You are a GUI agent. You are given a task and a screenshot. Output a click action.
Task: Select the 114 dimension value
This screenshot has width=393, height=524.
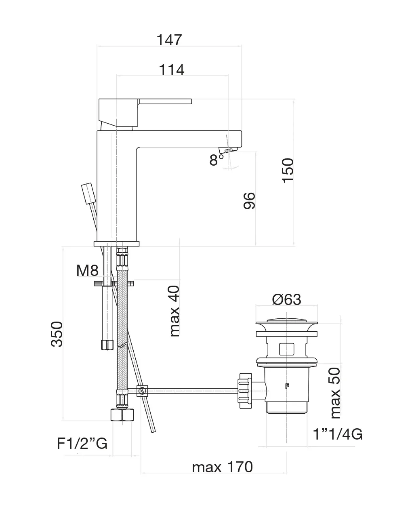[x=172, y=69]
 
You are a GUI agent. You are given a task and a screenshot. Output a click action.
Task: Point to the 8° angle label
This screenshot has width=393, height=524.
[x=216, y=160]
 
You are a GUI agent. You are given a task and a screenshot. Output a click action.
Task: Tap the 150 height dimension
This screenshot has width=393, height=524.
[x=288, y=170]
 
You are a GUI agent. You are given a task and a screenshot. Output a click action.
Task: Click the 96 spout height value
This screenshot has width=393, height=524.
[x=249, y=200]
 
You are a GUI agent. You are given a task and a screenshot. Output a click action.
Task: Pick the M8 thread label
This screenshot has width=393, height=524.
[x=87, y=270]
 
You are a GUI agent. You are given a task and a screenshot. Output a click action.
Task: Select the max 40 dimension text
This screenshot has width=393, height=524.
[x=174, y=311]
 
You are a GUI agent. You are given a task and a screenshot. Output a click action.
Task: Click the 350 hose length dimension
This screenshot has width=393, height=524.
[x=57, y=334]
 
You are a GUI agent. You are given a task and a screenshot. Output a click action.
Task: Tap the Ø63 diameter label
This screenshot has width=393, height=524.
[x=287, y=299]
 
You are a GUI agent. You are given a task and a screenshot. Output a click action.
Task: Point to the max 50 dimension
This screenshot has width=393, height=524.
[x=335, y=392]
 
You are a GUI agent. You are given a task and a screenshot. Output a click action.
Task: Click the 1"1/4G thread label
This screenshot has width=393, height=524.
[x=338, y=434]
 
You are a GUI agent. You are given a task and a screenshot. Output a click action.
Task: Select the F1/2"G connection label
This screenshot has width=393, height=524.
[x=82, y=444]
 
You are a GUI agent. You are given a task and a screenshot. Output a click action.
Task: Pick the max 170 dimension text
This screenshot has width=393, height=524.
[x=222, y=467]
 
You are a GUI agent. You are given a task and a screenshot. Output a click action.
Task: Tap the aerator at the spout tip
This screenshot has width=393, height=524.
[x=227, y=151]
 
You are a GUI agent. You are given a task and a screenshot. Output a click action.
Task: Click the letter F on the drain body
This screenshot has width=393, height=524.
[x=287, y=385]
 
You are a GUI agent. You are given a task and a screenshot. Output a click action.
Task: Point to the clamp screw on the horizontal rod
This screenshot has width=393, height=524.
[x=142, y=391]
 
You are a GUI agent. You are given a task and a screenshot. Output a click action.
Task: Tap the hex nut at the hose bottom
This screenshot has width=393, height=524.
[x=122, y=415]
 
